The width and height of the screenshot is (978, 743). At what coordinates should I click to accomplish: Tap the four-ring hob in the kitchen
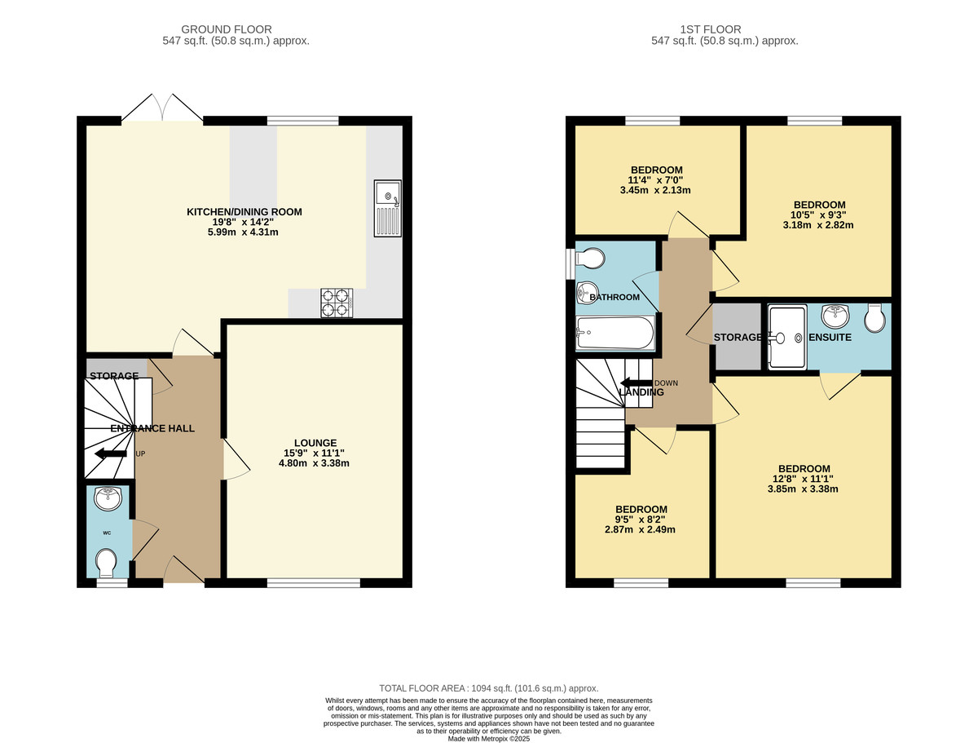(x=336, y=302)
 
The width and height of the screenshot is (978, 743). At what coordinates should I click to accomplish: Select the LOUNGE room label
(x=314, y=442)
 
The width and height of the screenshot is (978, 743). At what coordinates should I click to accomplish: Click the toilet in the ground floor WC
(x=106, y=562)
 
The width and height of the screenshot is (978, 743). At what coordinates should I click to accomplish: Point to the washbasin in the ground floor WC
(x=107, y=497)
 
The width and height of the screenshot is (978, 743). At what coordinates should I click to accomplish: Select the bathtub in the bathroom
(x=615, y=333)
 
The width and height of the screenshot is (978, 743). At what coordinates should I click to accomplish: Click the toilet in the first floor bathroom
(x=590, y=259)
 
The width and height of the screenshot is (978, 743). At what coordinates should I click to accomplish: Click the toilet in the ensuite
(x=875, y=319)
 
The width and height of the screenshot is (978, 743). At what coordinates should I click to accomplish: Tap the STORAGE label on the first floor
(x=738, y=337)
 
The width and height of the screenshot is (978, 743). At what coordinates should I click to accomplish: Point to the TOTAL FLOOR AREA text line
(x=489, y=688)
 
